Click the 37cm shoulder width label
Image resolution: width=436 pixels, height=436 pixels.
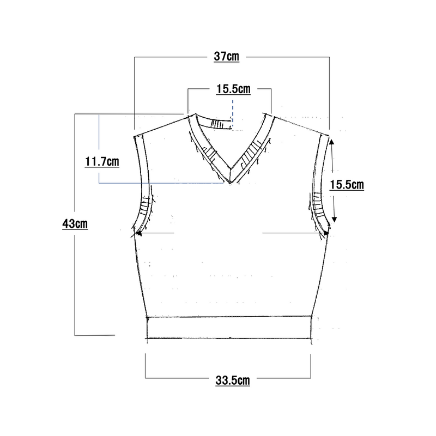click(226, 57)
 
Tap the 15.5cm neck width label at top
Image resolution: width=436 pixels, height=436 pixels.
click(233, 89)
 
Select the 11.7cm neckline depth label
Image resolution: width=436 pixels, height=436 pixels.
click(102, 161)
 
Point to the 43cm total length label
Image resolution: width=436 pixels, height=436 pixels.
click(75, 224)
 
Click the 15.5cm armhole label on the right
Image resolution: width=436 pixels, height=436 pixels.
click(347, 185)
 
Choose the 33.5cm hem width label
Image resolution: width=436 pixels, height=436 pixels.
click(233, 380)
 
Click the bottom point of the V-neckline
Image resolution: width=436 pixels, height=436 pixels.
click(230, 183)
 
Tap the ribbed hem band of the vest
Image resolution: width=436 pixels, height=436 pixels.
click(229, 328)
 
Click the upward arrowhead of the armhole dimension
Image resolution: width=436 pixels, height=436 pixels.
click(332, 142)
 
